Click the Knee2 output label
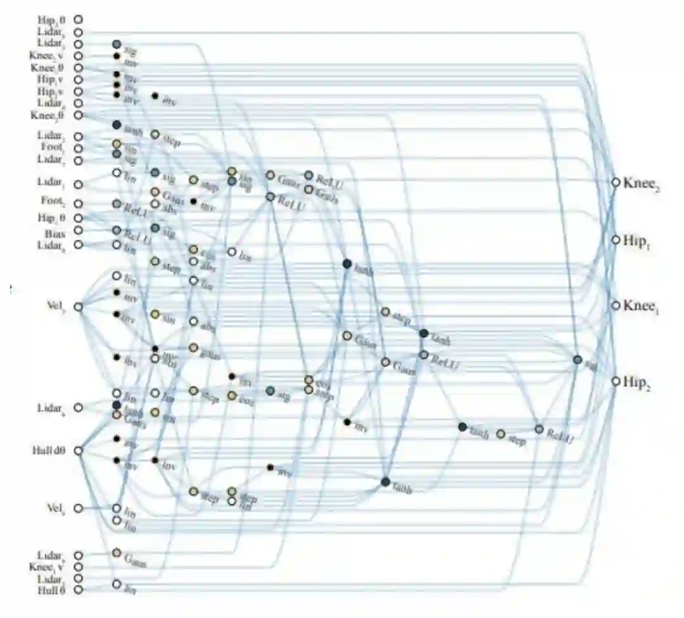tap(642, 183)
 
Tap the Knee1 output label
tap(642, 306)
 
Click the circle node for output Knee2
tap(615, 182)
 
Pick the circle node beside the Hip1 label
tap(615, 240)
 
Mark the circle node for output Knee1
tap(615, 305)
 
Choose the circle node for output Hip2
tap(615, 381)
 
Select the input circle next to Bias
tap(79, 231)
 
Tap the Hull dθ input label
tap(47, 451)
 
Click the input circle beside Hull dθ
tap(79, 451)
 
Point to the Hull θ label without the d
tap(51, 590)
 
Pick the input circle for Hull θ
tap(79, 590)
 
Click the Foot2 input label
tap(52, 204)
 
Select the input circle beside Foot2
tap(79, 204)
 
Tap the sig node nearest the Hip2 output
tap(577, 360)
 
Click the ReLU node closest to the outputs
tap(539, 429)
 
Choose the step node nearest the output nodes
tap(501, 434)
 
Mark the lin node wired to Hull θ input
tap(117, 584)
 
